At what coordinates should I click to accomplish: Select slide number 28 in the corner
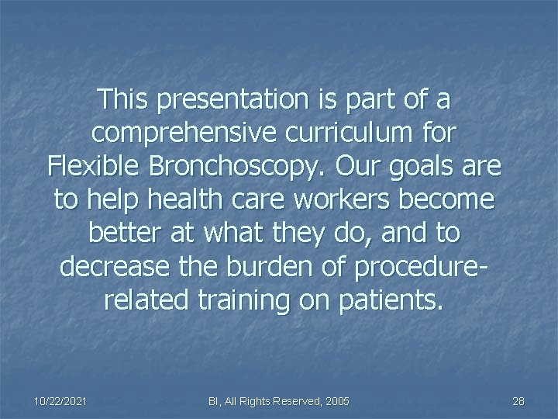coord(519,400)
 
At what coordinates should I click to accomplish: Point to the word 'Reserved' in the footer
coord(289,400)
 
